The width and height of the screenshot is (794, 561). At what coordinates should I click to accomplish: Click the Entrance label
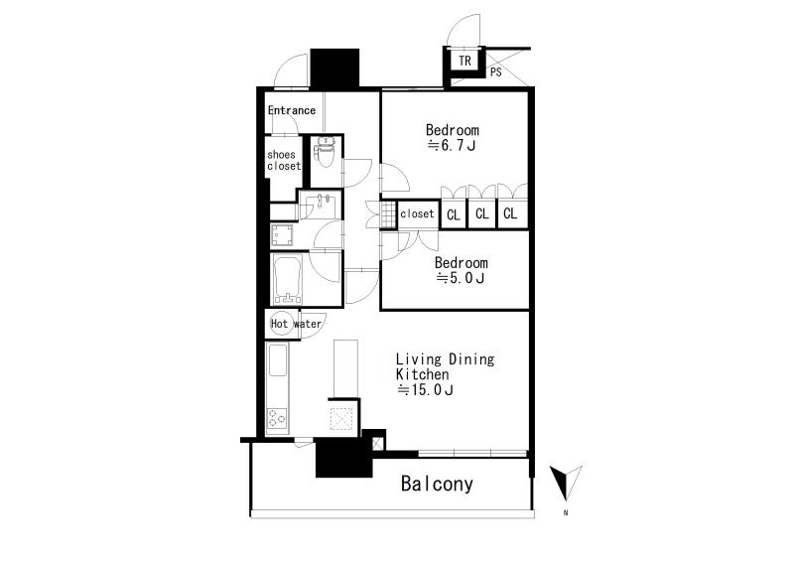pos(292,110)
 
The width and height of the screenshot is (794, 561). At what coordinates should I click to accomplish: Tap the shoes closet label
pos(284,160)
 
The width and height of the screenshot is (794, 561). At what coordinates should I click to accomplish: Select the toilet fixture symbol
pos(325,152)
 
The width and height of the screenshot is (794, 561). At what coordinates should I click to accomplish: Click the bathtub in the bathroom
pos(288,280)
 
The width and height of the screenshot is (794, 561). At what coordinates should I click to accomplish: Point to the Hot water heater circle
pos(279,324)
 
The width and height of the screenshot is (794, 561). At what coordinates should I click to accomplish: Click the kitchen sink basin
pos(278,360)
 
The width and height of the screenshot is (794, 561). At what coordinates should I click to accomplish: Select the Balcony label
pos(437,484)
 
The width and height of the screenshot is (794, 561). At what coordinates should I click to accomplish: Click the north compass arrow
pos(566,483)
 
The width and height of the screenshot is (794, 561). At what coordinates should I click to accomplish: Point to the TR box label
pos(464,61)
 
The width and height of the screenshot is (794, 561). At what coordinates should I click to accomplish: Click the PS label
pos(495,71)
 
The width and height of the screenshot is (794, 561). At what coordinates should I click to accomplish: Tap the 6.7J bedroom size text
pos(452,146)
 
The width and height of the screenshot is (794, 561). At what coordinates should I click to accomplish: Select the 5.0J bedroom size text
pos(461,278)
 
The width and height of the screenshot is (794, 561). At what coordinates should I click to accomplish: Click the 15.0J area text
pos(425,389)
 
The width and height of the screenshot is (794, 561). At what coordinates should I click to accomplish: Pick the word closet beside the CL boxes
pos(417,213)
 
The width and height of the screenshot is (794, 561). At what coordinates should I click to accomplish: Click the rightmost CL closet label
pos(510,213)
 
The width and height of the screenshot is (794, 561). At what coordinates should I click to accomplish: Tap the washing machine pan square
pos(282,235)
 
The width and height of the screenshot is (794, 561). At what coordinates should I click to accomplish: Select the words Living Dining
pos(445,359)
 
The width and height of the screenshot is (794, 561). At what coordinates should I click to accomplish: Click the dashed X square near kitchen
pos(340,419)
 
